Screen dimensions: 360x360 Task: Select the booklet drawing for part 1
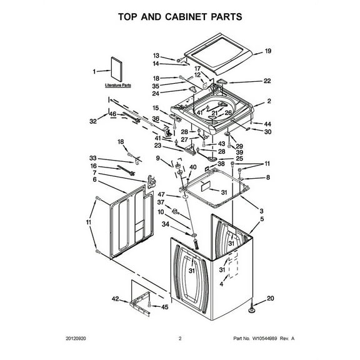(x=117, y=69)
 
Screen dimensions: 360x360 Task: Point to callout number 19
(x=268, y=51)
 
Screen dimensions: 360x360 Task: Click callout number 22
(x=267, y=81)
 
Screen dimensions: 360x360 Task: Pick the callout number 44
(x=268, y=124)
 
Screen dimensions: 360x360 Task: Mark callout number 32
(x=93, y=121)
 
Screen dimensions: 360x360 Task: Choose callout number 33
(x=93, y=157)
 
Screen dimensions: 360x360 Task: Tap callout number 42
(x=115, y=299)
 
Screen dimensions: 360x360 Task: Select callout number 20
(x=270, y=298)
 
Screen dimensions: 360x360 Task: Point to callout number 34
(x=166, y=224)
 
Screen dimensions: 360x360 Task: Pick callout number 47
(x=161, y=195)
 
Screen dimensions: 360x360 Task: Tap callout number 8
(x=268, y=177)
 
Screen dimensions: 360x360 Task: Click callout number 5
(x=262, y=219)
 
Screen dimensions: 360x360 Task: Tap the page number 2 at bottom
(x=180, y=339)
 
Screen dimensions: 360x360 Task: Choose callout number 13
(x=157, y=56)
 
